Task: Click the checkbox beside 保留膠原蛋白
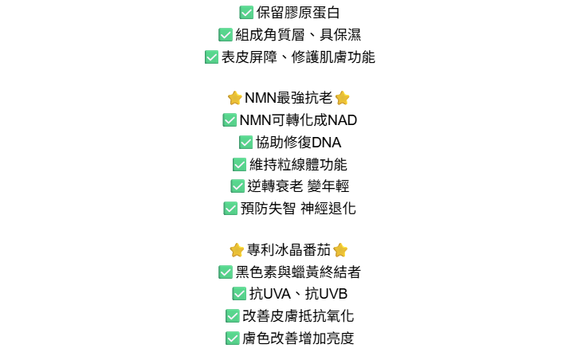click(246, 13)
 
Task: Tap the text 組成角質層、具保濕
click(298, 35)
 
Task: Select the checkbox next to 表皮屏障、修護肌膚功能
click(211, 57)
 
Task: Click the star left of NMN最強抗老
click(234, 98)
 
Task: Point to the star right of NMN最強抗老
click(343, 98)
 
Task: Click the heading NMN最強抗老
click(288, 98)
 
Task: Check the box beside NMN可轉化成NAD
click(230, 120)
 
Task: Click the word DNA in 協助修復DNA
click(326, 143)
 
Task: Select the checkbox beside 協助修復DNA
click(245, 143)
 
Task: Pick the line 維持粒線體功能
click(298, 165)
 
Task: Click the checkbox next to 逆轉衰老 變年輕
click(237, 186)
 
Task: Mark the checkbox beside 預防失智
click(230, 209)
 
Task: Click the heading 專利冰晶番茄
click(288, 250)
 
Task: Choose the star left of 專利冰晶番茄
click(237, 250)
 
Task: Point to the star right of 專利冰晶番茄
click(340, 250)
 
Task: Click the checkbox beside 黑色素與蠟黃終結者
click(226, 272)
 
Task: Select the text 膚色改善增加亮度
click(298, 338)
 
